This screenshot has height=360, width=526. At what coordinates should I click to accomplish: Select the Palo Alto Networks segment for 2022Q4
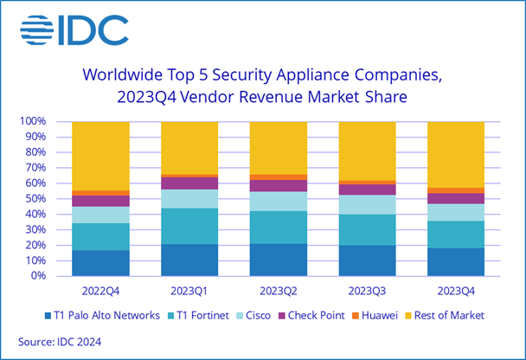pos(100,263)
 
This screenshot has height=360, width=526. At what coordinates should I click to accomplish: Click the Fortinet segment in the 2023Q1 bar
pos(189,226)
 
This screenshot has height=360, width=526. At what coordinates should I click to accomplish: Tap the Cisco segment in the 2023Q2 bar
pos(278,201)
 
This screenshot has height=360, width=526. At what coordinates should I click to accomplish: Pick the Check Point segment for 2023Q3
pos(367,190)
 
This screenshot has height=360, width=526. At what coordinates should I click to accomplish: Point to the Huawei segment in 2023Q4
pos(456,190)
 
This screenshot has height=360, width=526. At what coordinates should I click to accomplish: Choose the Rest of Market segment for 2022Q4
pos(100,156)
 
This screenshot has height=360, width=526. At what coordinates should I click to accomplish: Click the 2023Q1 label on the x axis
pos(189,290)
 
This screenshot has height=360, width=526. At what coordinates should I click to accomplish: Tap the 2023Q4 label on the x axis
pos(456,290)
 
